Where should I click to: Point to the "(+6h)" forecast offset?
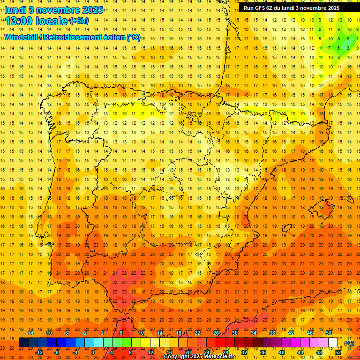(x=78, y=21)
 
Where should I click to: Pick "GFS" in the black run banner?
(x=259, y=8)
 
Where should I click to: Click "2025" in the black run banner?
(x=331, y=8)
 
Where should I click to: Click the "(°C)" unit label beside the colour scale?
(x=349, y=343)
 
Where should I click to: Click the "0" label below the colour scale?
(x=93, y=352)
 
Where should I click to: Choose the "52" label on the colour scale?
(x=337, y=352)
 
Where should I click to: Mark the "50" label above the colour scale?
(x=329, y=333)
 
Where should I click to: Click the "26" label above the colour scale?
(x=216, y=333)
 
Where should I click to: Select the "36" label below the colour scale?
(x=262, y=352)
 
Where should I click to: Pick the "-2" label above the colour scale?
(x=84, y=333)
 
